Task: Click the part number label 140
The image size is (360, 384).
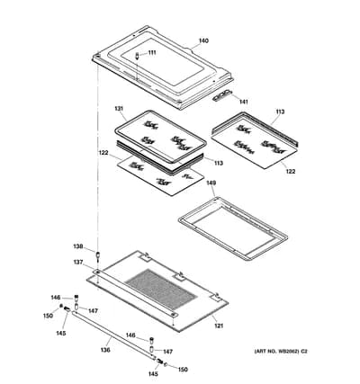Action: [203, 40]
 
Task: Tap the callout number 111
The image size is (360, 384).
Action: [152, 53]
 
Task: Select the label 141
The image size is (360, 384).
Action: [243, 102]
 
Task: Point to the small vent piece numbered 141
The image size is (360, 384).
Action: [221, 95]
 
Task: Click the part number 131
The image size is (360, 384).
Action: [119, 109]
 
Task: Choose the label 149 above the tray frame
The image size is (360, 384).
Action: [211, 183]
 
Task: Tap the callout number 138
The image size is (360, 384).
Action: [78, 246]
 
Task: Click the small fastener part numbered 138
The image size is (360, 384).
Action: [97, 255]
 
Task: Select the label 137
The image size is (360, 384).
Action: [78, 263]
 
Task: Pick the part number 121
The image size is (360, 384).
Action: [219, 326]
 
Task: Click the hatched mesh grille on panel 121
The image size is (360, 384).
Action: [161, 290]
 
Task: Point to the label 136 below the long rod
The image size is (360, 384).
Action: [105, 350]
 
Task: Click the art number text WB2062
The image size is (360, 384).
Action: [290, 352]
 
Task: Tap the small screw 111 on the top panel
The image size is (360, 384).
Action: [137, 56]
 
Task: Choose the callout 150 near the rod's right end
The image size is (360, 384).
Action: [183, 370]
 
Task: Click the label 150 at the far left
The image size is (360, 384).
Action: [48, 316]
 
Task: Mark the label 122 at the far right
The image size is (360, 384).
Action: [291, 172]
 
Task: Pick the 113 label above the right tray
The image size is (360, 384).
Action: [280, 112]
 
